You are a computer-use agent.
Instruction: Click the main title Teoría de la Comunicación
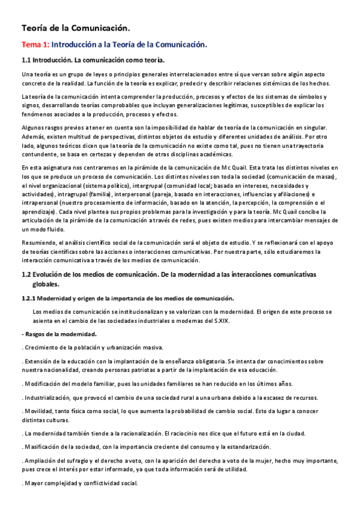click(75, 28)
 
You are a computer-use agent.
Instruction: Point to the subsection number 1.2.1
click(29, 298)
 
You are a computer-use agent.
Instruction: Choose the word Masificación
click(42, 446)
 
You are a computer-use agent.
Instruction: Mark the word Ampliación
click(40, 461)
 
